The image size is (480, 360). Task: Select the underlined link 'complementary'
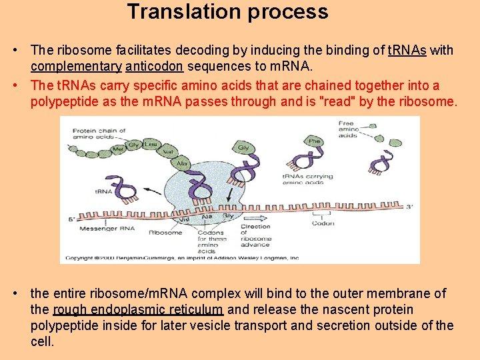point(75,66)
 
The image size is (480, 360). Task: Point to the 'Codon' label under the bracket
point(323,223)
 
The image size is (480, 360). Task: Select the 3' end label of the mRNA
point(409,207)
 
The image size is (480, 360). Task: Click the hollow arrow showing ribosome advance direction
point(254,217)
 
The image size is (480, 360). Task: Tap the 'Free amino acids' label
point(347,129)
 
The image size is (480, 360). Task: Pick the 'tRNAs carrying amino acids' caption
point(307,180)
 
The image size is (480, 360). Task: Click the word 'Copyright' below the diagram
point(80,257)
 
